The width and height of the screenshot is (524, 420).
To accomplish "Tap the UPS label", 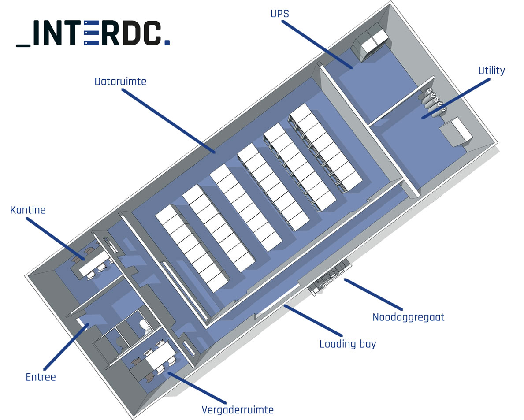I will [x=279, y=14].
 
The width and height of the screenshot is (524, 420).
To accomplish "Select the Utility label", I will [x=491, y=71].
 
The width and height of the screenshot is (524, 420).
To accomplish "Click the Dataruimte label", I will [x=120, y=82].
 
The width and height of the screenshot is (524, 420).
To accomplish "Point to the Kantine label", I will [x=28, y=210].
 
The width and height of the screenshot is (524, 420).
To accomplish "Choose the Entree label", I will [x=41, y=377].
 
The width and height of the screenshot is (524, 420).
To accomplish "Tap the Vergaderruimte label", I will [x=238, y=410].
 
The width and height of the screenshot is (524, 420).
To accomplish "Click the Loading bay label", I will [x=348, y=344].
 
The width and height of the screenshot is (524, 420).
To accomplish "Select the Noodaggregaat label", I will [x=408, y=317].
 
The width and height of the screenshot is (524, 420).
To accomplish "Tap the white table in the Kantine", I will [x=94, y=262].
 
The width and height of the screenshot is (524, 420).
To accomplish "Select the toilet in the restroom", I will [x=144, y=325].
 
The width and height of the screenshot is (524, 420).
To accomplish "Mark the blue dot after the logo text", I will [x=167, y=43].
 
